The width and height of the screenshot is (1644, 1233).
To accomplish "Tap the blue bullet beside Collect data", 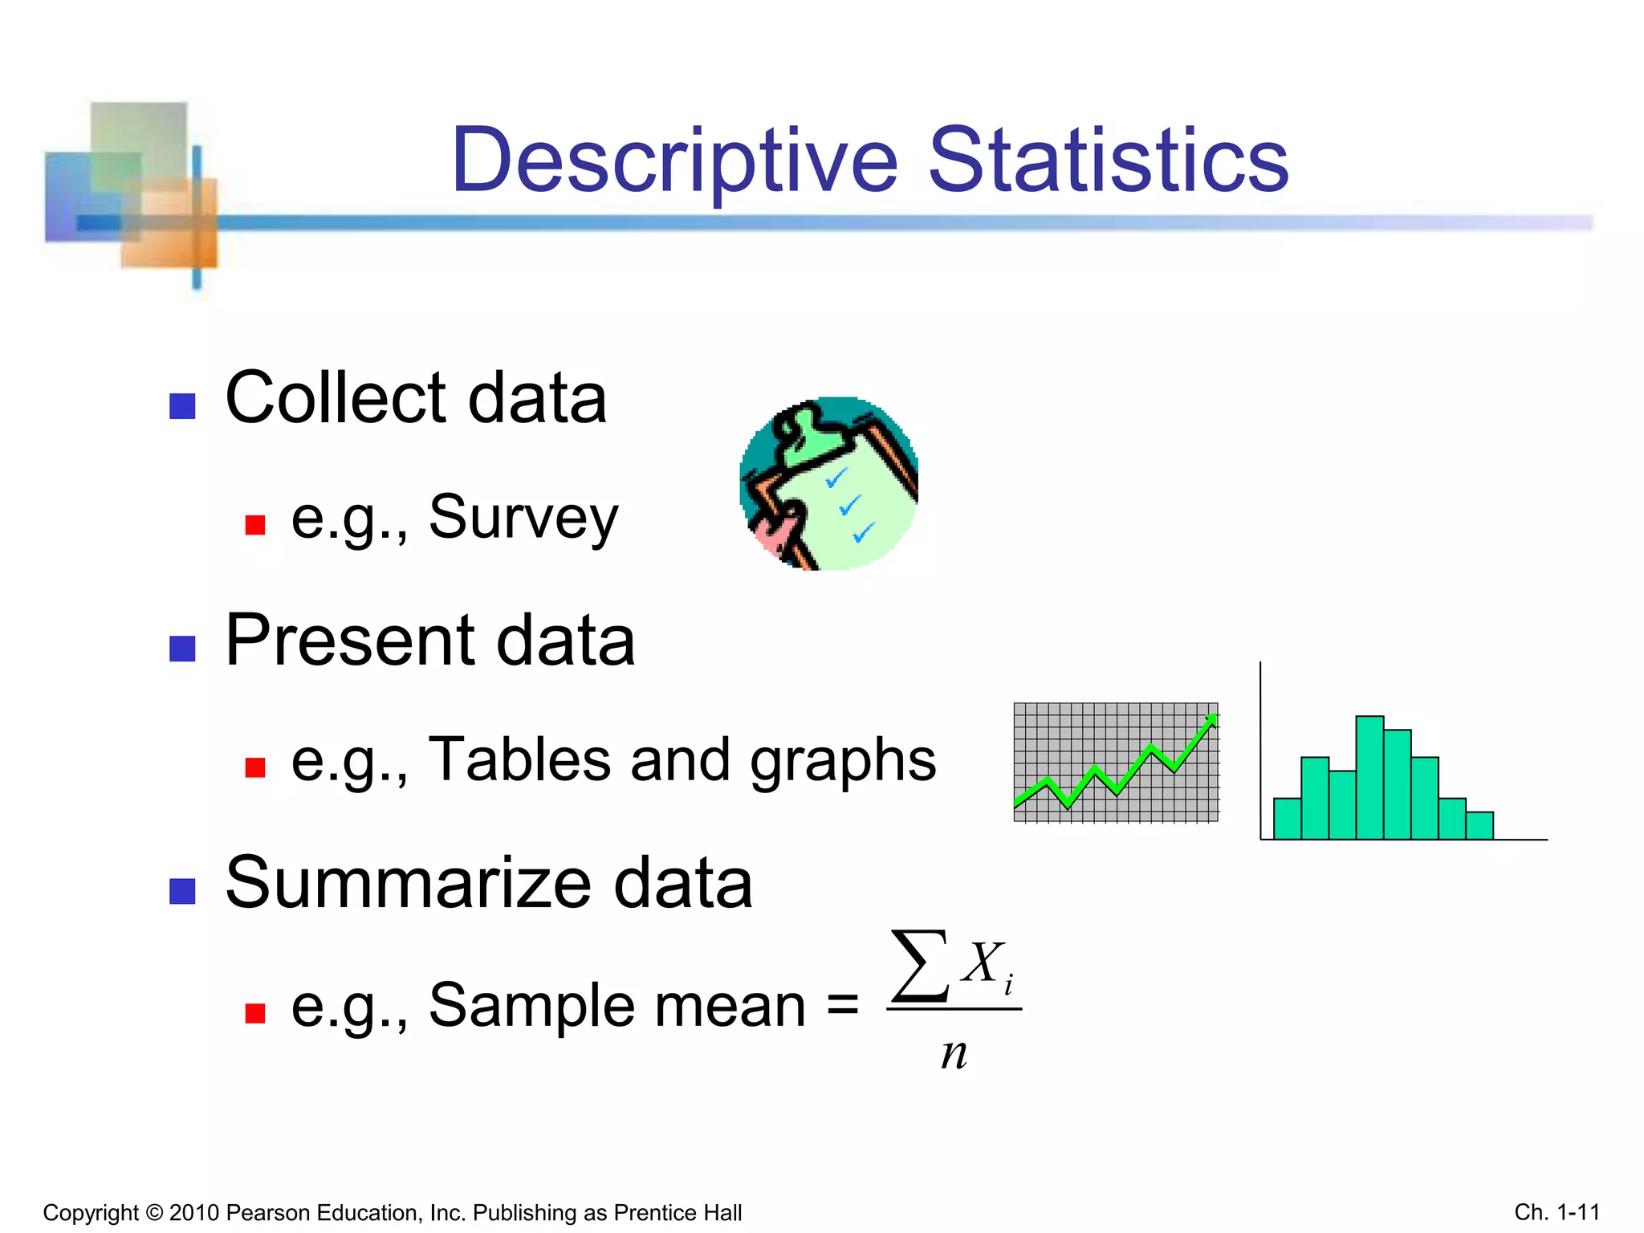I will pyautogui.click(x=183, y=406).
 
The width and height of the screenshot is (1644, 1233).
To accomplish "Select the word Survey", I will pyautogui.click(x=523, y=518).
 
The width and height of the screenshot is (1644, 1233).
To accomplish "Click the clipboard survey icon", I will pyautogui.click(x=828, y=483).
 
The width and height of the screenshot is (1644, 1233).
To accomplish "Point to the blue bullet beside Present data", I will pyautogui.click(x=183, y=649).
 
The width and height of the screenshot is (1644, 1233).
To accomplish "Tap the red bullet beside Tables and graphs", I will pyautogui.click(x=255, y=768).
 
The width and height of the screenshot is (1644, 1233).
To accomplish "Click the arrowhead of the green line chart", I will pyautogui.click(x=1211, y=719).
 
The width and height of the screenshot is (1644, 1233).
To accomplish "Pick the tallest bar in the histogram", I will pyautogui.click(x=1369, y=777).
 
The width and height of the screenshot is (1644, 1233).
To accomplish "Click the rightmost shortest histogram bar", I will pyautogui.click(x=1479, y=825).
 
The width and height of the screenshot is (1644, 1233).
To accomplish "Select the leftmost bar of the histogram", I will pyautogui.click(x=1287, y=819).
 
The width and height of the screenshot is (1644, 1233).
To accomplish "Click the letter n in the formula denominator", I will pyautogui.click(x=954, y=1052).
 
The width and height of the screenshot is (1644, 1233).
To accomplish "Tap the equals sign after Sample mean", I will pyautogui.click(x=842, y=1004).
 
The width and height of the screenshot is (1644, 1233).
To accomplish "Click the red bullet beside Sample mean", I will pyautogui.click(x=255, y=1014).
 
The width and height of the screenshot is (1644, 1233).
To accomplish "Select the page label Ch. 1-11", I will pyautogui.click(x=1557, y=1212).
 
